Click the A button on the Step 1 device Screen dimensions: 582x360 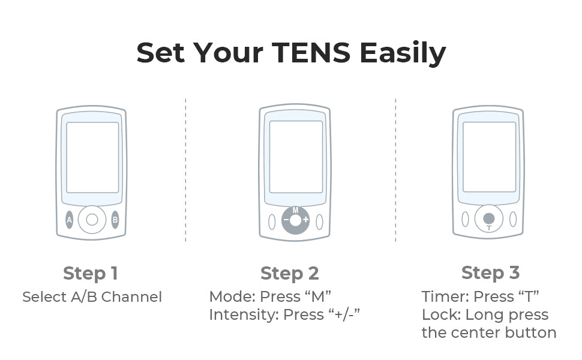(70, 220)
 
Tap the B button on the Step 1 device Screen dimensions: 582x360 (115, 220)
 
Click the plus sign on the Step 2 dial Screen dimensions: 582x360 (305, 220)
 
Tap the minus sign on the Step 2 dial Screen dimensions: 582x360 (286, 220)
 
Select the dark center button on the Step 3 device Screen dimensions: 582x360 (489, 218)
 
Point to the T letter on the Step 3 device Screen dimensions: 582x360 (489, 228)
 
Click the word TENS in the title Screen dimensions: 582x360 (311, 52)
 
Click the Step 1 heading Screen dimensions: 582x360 (91, 274)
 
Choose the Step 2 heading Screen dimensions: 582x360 (290, 274)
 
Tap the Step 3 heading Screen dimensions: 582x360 (490, 273)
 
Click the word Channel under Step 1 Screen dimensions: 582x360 (131, 297)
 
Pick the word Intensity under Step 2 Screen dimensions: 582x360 (244, 315)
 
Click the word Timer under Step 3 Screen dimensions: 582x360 (445, 296)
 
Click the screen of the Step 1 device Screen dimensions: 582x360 (92, 157)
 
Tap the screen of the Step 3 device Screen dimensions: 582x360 (489, 157)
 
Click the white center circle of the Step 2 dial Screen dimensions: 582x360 (295, 220)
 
